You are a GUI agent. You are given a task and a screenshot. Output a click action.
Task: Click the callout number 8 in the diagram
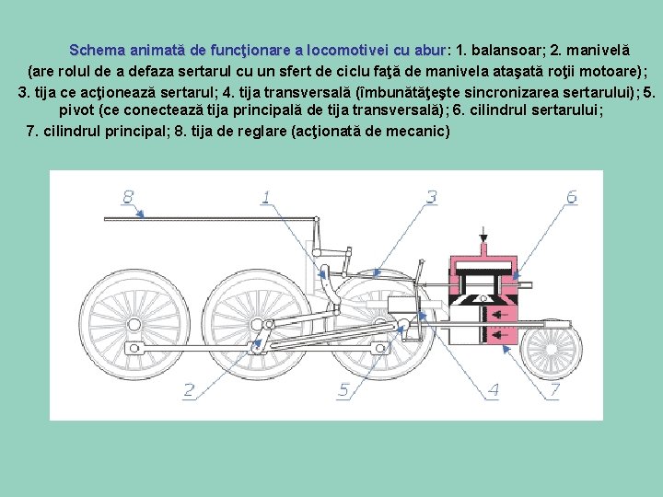[x=128, y=197]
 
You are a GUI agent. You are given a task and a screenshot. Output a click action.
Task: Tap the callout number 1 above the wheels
[x=266, y=197]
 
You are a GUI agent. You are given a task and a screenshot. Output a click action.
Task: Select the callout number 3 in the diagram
[x=431, y=197]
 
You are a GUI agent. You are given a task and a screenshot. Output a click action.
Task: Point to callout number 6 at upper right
[x=572, y=197]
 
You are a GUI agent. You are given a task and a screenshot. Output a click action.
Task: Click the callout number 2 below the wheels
[x=189, y=390]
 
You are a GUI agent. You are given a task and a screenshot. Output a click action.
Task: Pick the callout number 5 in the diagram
[x=343, y=390]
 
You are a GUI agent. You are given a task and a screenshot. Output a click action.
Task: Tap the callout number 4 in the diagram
[x=493, y=390]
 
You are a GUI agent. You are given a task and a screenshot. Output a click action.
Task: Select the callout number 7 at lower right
[x=554, y=390]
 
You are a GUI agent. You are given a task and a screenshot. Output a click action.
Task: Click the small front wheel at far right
[x=552, y=349]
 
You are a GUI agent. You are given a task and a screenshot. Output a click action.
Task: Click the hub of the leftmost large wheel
[x=134, y=325]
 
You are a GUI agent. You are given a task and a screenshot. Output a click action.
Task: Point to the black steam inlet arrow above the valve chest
[x=483, y=235]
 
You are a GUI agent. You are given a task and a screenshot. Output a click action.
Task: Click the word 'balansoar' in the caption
[x=506, y=51]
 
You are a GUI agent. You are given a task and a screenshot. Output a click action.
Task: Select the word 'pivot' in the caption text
[x=76, y=110]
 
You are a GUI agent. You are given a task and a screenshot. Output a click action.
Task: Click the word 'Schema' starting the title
[x=98, y=51]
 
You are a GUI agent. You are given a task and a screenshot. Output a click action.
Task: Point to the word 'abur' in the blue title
[x=430, y=51]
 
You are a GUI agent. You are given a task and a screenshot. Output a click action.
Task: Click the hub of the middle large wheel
[x=257, y=325]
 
